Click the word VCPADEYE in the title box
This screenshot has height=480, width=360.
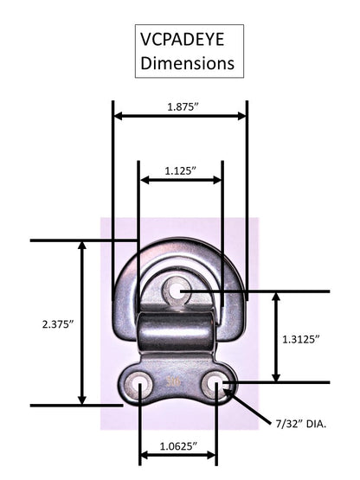coord(183,40)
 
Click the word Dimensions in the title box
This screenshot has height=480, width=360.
coord(188,63)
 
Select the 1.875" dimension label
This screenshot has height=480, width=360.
coord(183,107)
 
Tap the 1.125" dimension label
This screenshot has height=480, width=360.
coord(181,171)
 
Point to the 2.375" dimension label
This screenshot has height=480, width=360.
coord(58,324)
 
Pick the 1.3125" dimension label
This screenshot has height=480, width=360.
coord(301,339)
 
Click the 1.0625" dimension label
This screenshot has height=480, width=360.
coord(178,446)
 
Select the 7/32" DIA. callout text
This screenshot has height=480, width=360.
coord(301,424)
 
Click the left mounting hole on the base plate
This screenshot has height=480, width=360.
coord(138,383)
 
